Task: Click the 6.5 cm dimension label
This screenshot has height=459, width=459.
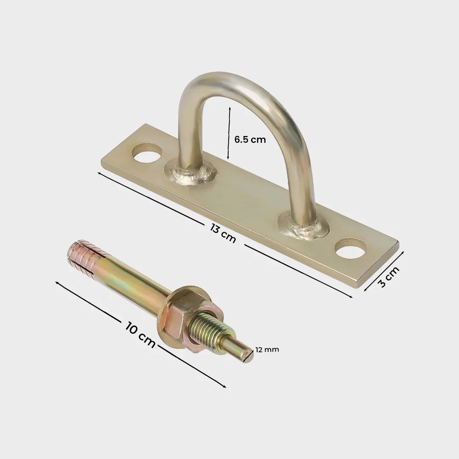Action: pyautogui.click(x=250, y=139)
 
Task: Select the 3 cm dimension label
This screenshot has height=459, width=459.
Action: pyautogui.click(x=389, y=277)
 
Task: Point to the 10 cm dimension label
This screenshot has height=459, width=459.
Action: pyautogui.click(x=140, y=334)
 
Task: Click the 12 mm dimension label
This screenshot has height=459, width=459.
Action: pyautogui.click(x=267, y=350)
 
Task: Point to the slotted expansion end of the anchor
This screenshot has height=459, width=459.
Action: pyautogui.click(x=84, y=257)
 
